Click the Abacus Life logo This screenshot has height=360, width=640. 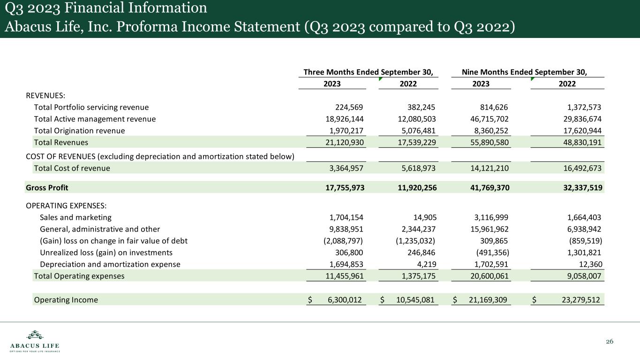35,341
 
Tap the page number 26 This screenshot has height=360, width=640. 610,341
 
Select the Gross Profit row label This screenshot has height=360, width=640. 47,187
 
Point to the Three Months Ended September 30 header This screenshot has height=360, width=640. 368,72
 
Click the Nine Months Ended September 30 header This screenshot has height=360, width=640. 525,72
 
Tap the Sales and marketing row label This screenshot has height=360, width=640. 75,217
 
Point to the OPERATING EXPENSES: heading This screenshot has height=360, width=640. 60,206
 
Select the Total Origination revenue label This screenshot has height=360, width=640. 79,131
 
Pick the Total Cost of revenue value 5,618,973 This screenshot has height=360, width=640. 414,168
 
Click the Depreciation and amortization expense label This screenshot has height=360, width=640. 110,264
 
